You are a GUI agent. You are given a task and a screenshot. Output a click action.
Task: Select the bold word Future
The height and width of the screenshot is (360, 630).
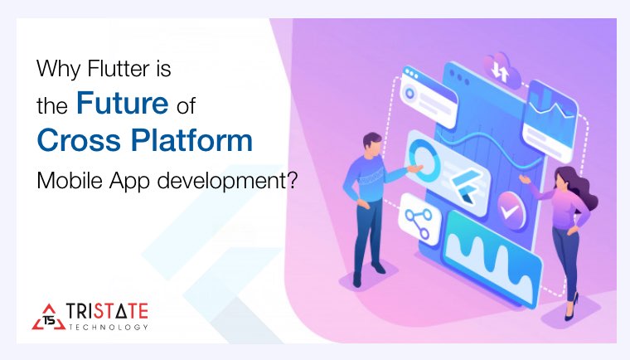(119, 103)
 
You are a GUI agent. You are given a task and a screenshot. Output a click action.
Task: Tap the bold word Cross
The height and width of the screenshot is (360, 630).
(80, 140)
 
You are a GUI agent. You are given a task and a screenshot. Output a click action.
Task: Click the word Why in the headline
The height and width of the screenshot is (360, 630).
(54, 68)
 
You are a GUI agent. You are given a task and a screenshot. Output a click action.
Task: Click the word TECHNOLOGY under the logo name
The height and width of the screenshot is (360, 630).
(109, 327)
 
